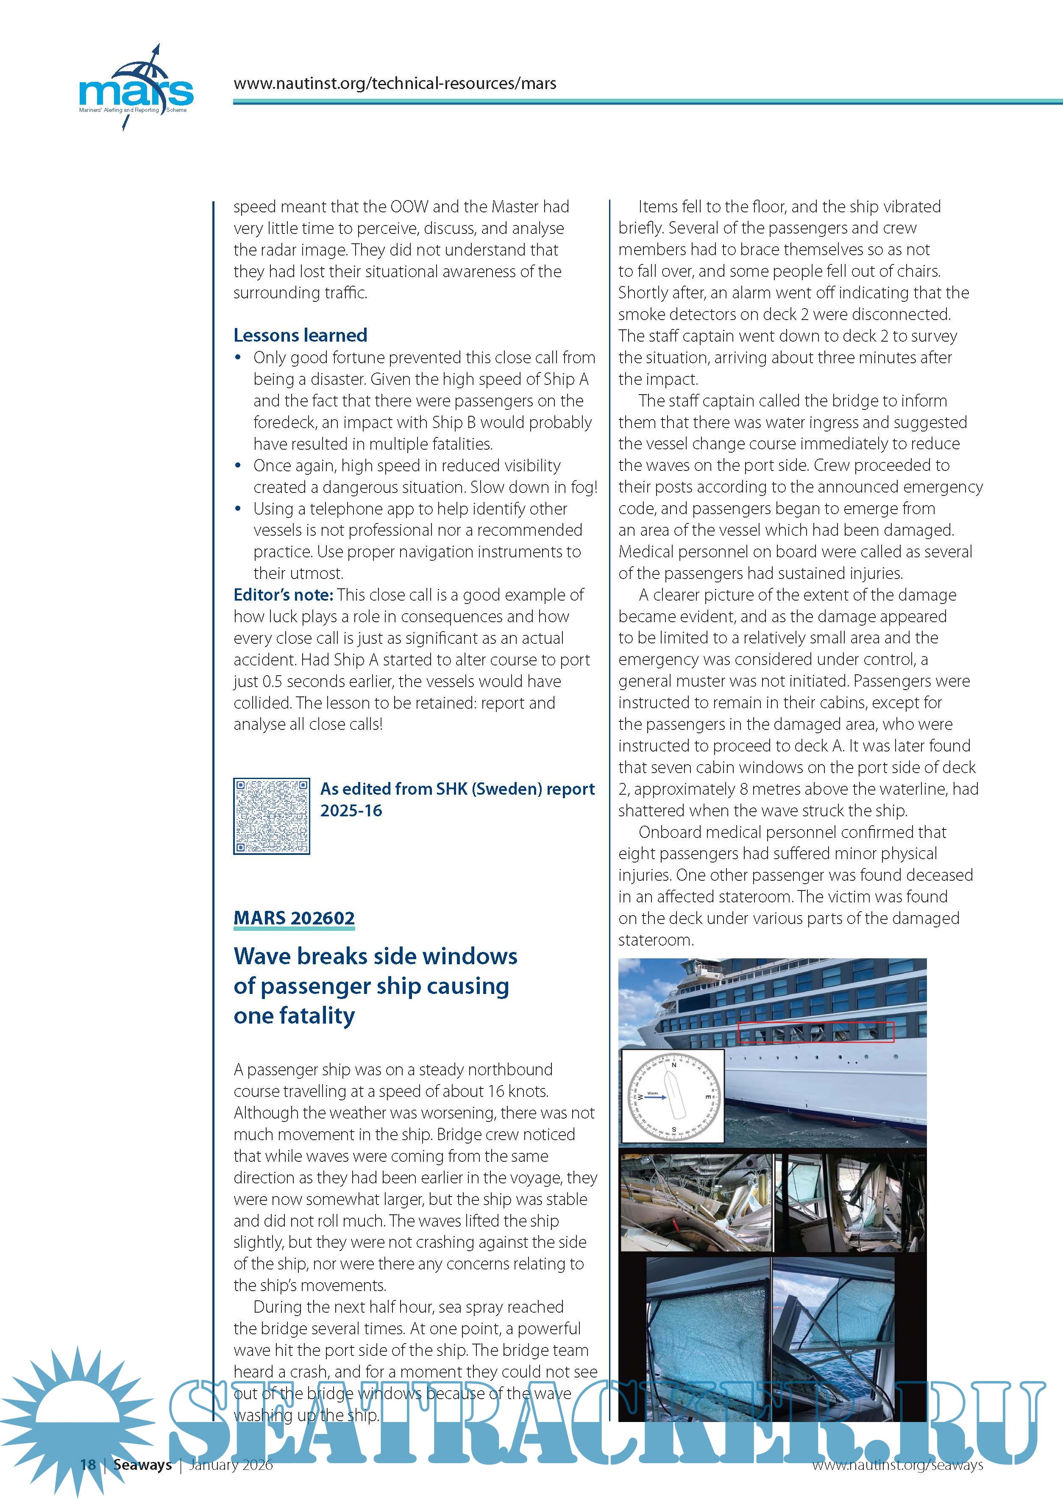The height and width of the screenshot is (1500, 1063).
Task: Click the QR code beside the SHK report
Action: click(272, 816)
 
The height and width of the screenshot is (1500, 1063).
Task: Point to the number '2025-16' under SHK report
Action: click(351, 811)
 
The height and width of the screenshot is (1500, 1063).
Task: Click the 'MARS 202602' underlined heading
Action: click(294, 918)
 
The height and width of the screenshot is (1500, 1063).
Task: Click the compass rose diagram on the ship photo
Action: click(673, 1096)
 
